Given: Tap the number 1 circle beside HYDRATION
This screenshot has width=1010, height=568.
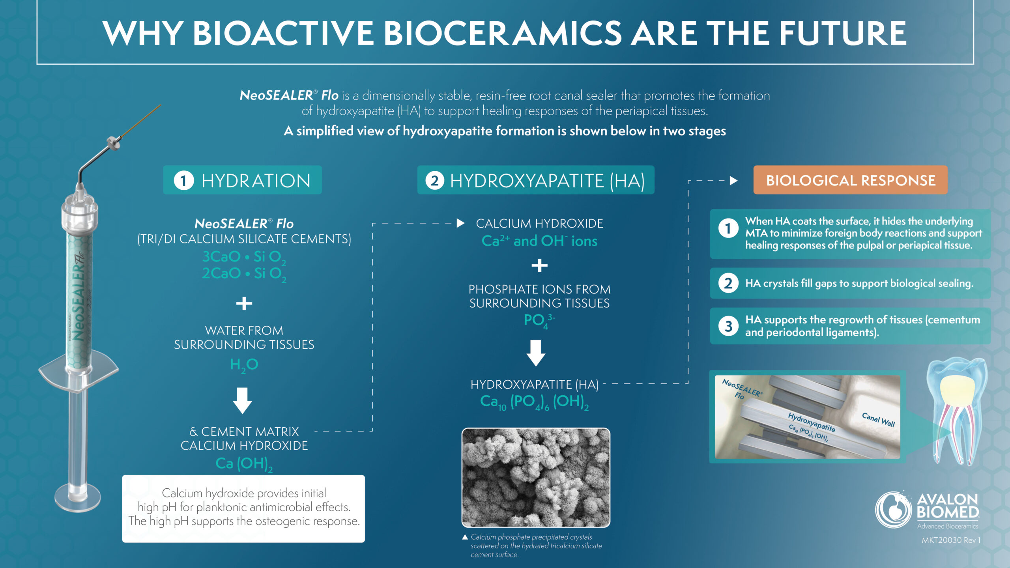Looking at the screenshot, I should pos(183,181).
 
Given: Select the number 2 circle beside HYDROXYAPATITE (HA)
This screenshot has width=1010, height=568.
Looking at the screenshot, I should pos(434,181).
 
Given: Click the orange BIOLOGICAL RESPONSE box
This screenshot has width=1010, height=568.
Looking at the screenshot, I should pos(850,180).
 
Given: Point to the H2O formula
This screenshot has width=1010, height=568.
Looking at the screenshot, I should pos(244,364).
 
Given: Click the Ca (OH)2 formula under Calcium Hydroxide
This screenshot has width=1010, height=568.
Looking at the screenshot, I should pos(244,463).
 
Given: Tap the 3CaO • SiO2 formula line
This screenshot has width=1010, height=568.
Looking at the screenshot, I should pos(244,257).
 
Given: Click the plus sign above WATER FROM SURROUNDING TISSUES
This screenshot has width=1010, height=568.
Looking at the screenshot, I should pos(244,303).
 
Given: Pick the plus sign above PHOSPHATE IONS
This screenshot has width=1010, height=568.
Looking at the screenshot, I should pos(539,265).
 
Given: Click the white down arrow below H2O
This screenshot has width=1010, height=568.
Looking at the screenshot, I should pos(243,400).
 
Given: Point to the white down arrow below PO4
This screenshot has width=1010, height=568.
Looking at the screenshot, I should pos(536,353).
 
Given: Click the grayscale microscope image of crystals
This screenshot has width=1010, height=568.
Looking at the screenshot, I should pos(536,477).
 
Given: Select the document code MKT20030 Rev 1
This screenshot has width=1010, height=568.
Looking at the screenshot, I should pos(951,540).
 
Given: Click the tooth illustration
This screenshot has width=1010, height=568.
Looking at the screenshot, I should pos(957,410).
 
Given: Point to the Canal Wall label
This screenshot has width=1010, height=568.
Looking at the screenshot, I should pos(878,419).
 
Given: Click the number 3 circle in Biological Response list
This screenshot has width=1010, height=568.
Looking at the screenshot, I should pos(728,326).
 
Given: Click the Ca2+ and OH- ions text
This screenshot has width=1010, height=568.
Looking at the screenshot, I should pos(539,241).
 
